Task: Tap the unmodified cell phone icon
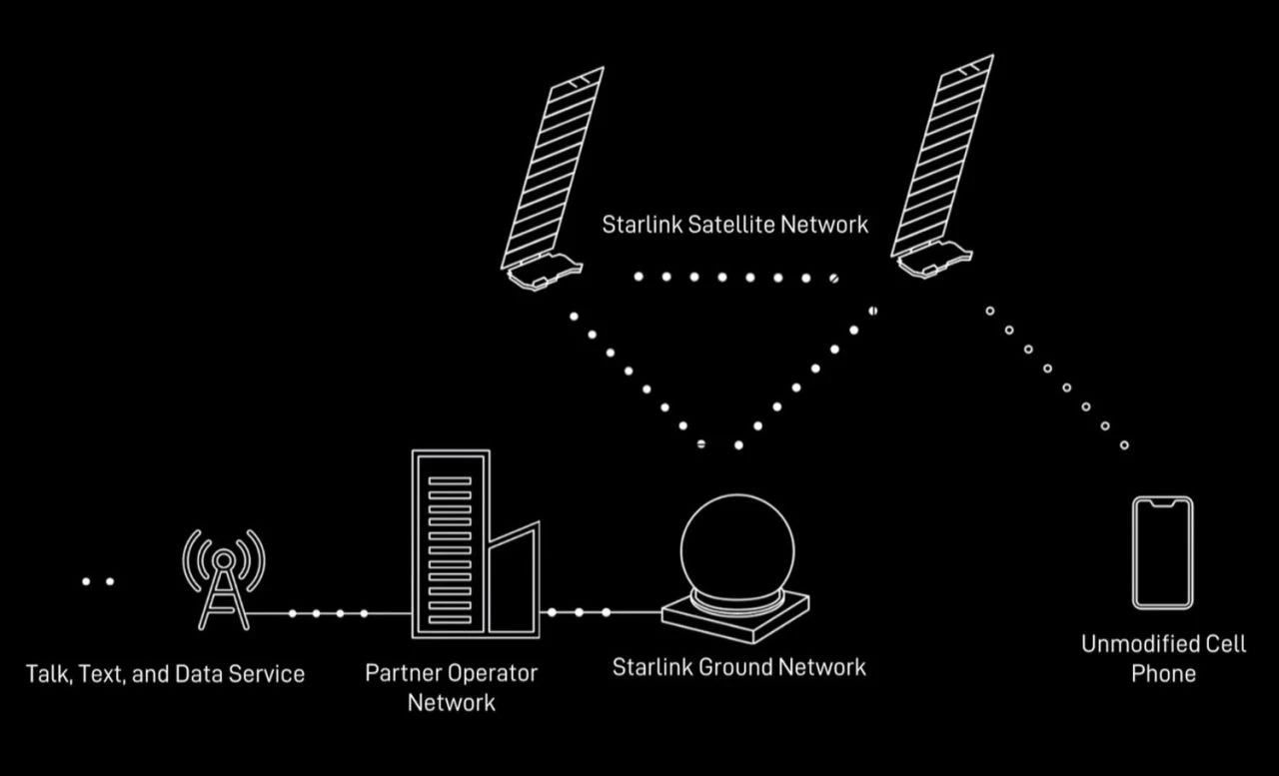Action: click(1162, 552)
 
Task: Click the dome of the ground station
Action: click(737, 549)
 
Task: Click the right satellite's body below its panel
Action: click(932, 259)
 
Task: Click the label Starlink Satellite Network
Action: click(734, 225)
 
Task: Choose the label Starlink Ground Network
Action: click(738, 667)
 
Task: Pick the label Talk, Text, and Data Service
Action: click(165, 674)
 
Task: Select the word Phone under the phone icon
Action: click(1163, 674)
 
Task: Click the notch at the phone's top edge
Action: click(1162, 502)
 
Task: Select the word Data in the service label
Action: click(197, 674)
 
